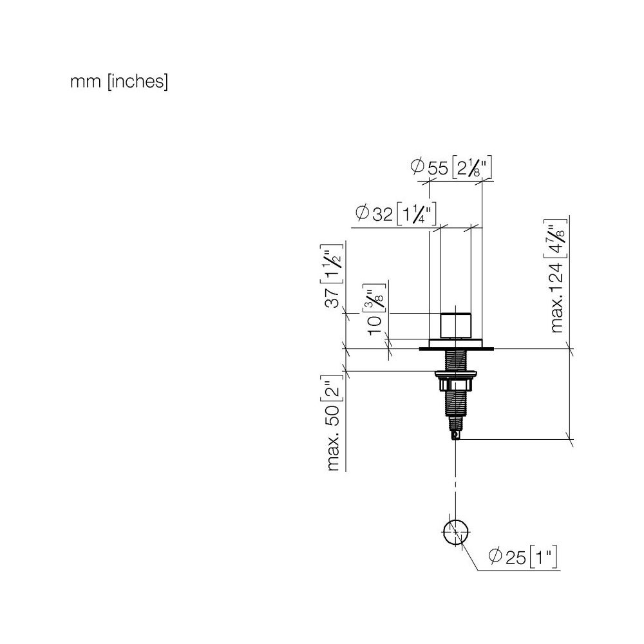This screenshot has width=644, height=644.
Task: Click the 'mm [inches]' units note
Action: [x=119, y=82]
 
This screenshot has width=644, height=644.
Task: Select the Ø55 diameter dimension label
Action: [x=451, y=167]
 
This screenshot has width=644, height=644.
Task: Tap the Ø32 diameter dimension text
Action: [x=395, y=213]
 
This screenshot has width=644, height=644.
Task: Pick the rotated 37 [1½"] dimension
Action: [x=332, y=276]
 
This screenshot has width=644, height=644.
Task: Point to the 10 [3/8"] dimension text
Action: [x=375, y=309]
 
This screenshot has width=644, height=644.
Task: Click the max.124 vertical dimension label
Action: [x=556, y=275]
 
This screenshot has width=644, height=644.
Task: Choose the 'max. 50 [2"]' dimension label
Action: [x=332, y=422]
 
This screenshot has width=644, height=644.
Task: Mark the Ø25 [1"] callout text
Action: [x=523, y=556]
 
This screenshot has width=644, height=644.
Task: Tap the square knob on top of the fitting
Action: [x=455, y=326]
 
